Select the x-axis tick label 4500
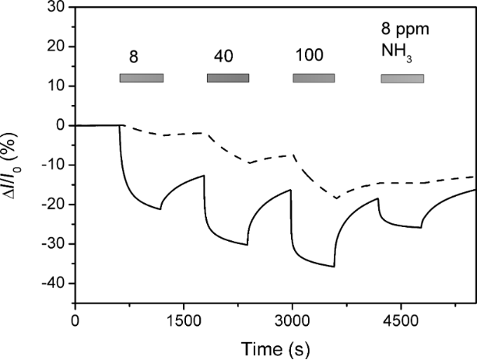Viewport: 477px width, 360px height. (x=399, y=318)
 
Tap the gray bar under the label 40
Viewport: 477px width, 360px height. (x=228, y=78)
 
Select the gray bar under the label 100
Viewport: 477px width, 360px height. (x=314, y=78)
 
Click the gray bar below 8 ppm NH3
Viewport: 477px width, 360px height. (x=402, y=79)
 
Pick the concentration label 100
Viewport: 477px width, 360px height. (x=310, y=57)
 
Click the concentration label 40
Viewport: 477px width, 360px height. (x=224, y=57)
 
